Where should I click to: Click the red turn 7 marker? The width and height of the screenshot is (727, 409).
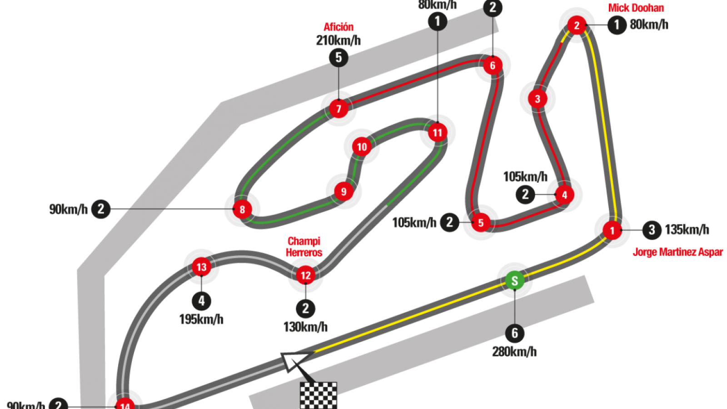[x=339, y=109]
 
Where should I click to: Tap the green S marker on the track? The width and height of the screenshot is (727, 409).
[x=514, y=280]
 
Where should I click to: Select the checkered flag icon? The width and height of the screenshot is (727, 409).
[x=319, y=395]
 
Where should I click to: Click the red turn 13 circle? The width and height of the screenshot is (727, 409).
[x=201, y=267]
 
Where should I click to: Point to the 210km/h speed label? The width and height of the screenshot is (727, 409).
[x=338, y=40]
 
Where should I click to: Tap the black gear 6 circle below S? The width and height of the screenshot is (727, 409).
[x=514, y=333]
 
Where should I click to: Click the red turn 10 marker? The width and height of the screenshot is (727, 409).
[x=362, y=147]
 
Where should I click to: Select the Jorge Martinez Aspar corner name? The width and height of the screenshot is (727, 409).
[x=677, y=252]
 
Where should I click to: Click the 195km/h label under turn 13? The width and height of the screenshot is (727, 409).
[x=201, y=319]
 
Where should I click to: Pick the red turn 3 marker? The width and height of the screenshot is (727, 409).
[x=537, y=99]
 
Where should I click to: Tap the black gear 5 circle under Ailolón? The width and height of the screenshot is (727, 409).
[x=339, y=58]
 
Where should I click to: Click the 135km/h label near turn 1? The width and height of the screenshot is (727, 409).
[x=687, y=229]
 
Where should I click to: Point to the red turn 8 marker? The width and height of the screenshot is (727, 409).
[x=242, y=209]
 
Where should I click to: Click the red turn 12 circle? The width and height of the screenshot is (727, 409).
[x=305, y=275]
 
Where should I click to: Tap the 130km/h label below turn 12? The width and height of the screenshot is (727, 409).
[x=305, y=327]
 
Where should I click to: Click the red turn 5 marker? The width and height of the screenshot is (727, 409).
[x=481, y=223]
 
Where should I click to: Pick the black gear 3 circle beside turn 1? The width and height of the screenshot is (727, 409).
[x=652, y=230]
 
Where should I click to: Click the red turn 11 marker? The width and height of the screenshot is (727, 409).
[x=437, y=133]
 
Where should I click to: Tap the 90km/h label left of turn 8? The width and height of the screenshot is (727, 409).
[x=68, y=209]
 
